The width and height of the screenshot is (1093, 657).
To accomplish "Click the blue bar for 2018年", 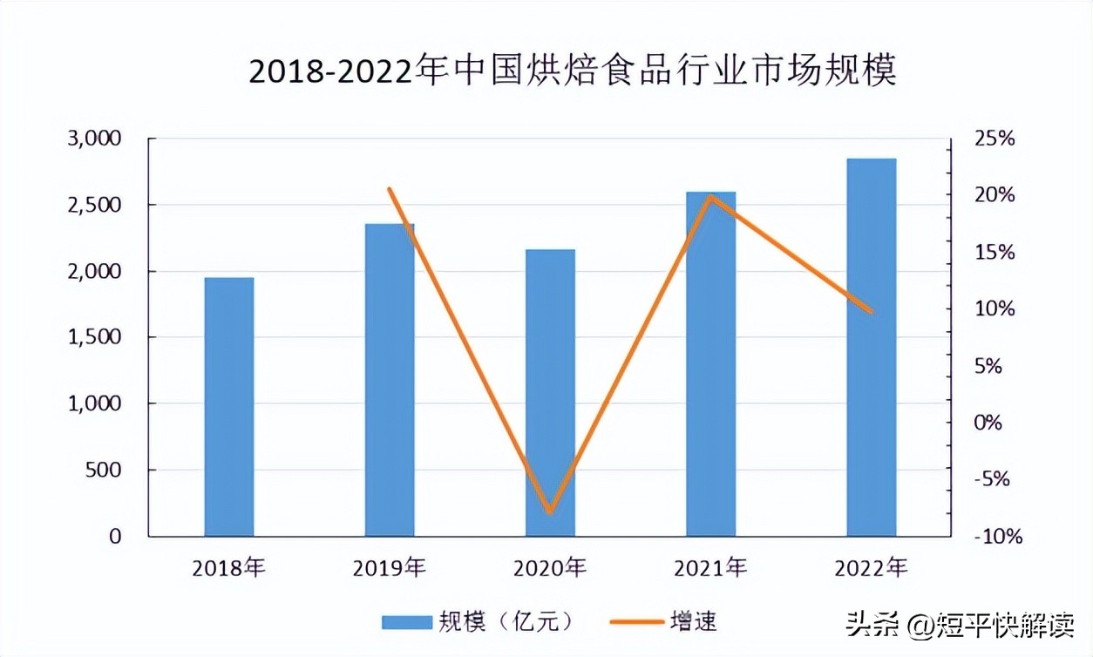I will click(x=229, y=407).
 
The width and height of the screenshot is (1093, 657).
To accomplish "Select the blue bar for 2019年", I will click(x=390, y=380).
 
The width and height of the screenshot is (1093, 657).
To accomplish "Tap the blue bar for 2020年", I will click(x=550, y=393).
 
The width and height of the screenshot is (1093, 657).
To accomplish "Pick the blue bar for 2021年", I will click(x=710, y=364).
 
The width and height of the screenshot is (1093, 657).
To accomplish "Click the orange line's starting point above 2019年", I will click(x=390, y=189).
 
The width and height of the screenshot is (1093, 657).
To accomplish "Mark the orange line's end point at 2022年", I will click(x=871, y=311).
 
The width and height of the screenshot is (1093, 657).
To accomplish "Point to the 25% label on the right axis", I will click(x=995, y=139).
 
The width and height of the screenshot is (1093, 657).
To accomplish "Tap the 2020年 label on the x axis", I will click(x=550, y=569).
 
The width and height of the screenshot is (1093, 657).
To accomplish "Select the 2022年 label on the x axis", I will click(x=871, y=569).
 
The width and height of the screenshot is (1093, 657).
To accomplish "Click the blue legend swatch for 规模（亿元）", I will click(x=407, y=621).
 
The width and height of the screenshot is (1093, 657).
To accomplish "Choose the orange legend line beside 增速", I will click(x=635, y=621).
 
